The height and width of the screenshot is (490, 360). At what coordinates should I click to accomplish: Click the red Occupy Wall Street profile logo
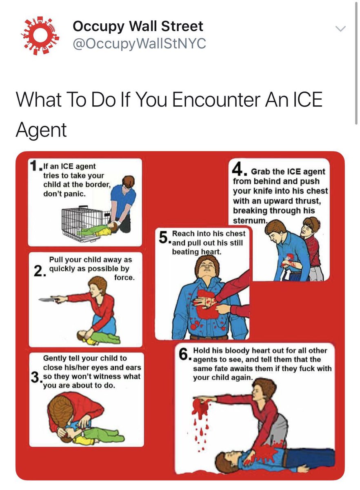coord(40,36)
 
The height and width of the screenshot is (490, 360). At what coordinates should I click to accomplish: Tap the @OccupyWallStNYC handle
coord(139,44)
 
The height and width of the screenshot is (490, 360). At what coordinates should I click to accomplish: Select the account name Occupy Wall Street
coord(138,26)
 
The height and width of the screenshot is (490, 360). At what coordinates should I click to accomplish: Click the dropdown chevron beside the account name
coord(340,29)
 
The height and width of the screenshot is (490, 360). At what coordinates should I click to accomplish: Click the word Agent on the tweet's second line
coord(41,130)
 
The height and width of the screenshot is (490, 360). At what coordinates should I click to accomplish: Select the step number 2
coord(38,271)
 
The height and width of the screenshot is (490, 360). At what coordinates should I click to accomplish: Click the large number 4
coord(237,169)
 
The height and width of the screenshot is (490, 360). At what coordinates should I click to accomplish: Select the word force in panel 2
coord(124,278)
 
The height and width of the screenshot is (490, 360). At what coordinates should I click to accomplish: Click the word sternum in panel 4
coord(249,220)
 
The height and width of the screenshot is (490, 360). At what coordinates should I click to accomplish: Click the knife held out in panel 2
coord(49,300)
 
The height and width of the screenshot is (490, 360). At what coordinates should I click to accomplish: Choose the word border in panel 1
coord(97,185)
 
